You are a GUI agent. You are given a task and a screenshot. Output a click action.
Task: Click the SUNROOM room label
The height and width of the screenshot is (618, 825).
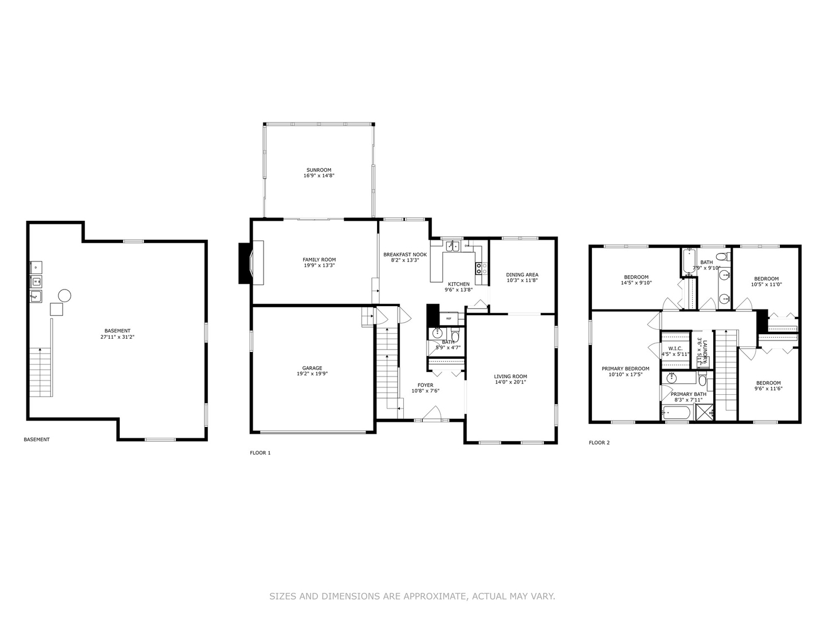click(x=319, y=170)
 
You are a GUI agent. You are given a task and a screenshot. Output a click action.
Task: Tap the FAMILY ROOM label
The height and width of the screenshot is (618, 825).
click(x=319, y=260)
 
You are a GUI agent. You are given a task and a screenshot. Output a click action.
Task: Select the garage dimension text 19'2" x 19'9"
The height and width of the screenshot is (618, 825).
click(x=312, y=374)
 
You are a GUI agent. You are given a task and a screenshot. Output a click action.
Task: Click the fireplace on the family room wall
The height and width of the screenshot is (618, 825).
click(x=252, y=263)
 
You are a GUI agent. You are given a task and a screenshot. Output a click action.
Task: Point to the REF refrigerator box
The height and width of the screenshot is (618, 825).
click(x=449, y=318)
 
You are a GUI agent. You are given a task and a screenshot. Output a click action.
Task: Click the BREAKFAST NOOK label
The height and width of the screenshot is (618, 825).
click(x=405, y=254)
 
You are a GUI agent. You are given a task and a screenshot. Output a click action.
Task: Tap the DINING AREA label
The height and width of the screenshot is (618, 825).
click(x=522, y=275)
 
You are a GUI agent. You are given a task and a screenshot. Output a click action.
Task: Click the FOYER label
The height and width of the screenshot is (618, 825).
click(x=425, y=385)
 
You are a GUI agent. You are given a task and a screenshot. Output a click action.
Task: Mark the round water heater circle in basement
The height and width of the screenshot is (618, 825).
click(x=64, y=295)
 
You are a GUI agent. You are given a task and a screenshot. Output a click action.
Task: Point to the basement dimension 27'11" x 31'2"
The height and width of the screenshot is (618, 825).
click(x=117, y=337)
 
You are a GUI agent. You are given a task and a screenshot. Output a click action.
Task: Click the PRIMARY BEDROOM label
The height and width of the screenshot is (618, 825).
click(x=625, y=369)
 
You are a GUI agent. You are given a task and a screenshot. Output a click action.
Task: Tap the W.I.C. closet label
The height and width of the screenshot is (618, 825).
click(x=675, y=348)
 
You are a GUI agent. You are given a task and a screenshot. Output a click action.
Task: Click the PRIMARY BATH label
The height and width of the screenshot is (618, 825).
click(x=688, y=394)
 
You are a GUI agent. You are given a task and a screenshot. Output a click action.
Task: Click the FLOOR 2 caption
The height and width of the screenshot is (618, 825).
click(x=599, y=442)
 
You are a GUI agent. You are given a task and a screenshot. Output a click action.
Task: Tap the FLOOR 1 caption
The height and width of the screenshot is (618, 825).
click(x=260, y=453)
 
